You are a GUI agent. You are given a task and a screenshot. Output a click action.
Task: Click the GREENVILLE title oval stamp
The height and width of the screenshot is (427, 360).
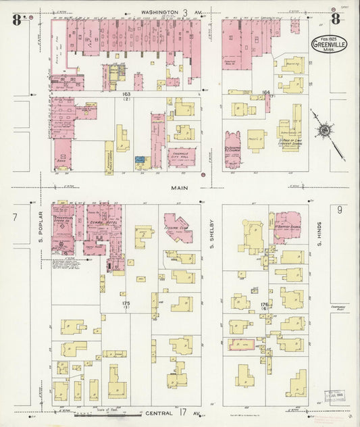click(326, 44)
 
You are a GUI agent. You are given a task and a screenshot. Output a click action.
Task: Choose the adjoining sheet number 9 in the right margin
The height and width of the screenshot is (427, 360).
click(340, 210)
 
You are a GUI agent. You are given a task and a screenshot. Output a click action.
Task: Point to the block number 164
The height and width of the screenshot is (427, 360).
click(265, 92)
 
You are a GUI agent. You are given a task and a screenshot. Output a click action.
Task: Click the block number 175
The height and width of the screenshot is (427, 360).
click(126, 303)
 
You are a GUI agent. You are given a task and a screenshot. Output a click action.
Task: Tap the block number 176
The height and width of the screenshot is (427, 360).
click(264, 305)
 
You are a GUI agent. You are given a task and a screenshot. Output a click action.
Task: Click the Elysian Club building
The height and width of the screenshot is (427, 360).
click(178, 229)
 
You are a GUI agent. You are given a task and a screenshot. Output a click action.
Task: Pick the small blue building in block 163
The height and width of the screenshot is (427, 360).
click(140, 160)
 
